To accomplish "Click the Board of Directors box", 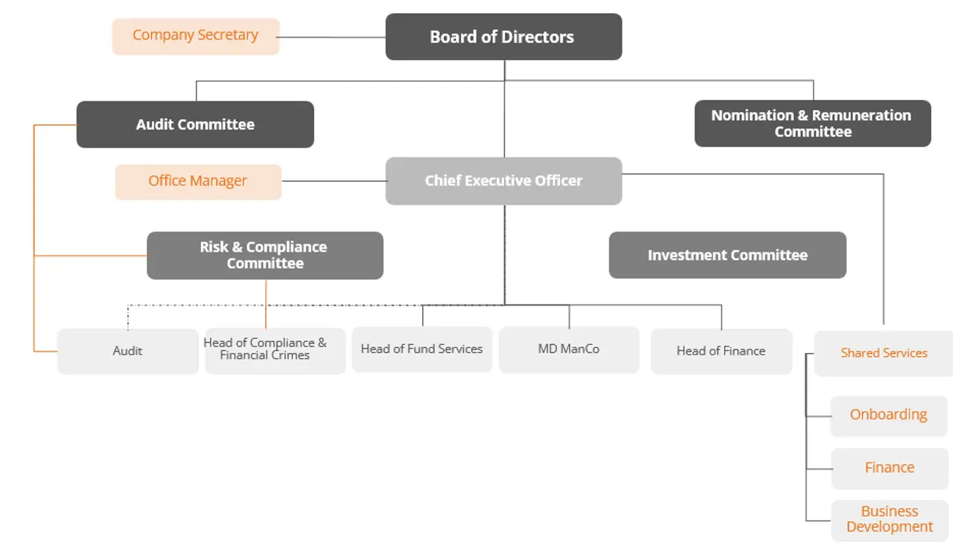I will [503, 37].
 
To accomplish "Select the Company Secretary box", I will [196, 36].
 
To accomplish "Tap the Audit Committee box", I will [195, 124].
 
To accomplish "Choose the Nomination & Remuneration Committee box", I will [812, 124].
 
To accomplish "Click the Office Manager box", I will [198, 181].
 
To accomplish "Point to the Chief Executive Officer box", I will [503, 180].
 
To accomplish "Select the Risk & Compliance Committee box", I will [264, 255].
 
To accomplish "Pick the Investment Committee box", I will [727, 255].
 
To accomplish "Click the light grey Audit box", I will [127, 351].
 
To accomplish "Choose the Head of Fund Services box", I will [421, 349].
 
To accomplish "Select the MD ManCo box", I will [569, 349].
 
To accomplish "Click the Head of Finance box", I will [721, 351].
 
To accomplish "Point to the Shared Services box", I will [884, 353].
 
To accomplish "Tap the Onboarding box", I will [888, 415].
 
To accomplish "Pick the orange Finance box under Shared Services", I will [889, 468].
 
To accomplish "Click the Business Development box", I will [889, 519].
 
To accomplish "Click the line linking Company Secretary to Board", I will [332, 37].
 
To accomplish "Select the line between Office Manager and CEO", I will [334, 181].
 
